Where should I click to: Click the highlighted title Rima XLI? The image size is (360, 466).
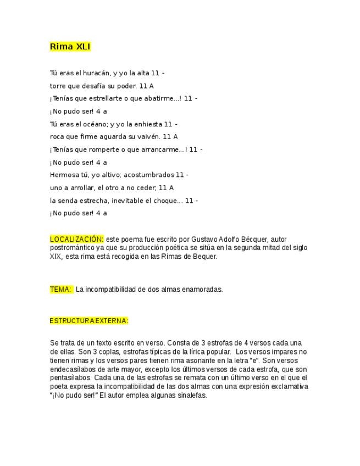70,47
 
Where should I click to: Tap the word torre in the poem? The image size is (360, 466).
58,86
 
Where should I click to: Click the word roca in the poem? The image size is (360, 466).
57,137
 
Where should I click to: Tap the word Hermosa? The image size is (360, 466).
64,175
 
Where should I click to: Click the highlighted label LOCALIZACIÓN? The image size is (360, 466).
76,239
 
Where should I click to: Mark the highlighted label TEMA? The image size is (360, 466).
60,290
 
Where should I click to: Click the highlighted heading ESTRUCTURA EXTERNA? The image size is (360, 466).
88,321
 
